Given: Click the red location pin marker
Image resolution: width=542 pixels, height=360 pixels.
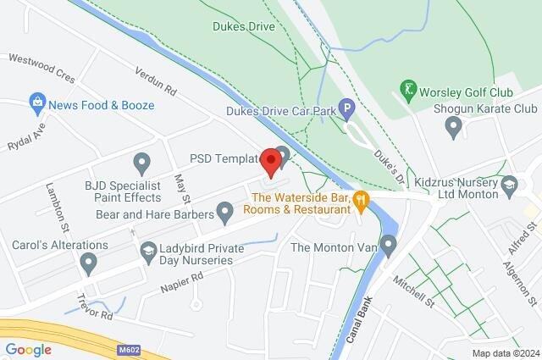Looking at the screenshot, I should [271, 161].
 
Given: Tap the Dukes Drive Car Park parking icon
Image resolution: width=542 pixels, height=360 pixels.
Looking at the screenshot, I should [346, 108].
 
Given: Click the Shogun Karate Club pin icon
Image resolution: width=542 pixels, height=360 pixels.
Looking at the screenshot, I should [453, 127].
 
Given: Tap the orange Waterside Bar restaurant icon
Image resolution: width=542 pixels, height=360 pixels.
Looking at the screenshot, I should [362, 201].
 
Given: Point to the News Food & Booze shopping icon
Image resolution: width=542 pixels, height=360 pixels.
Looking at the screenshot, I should [36, 105].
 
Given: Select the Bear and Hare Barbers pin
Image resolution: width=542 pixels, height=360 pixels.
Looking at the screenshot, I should [224, 213].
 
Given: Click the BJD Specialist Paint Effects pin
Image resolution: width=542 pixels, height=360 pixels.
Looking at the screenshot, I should [141, 160].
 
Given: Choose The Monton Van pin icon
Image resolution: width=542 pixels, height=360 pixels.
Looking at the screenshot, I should [389, 246].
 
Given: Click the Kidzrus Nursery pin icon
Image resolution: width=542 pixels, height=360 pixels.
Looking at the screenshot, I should [509, 184].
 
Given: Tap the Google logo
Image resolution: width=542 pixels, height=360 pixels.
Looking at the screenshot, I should [28, 349].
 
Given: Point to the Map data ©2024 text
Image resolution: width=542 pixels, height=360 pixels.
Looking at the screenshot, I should [505, 353].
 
